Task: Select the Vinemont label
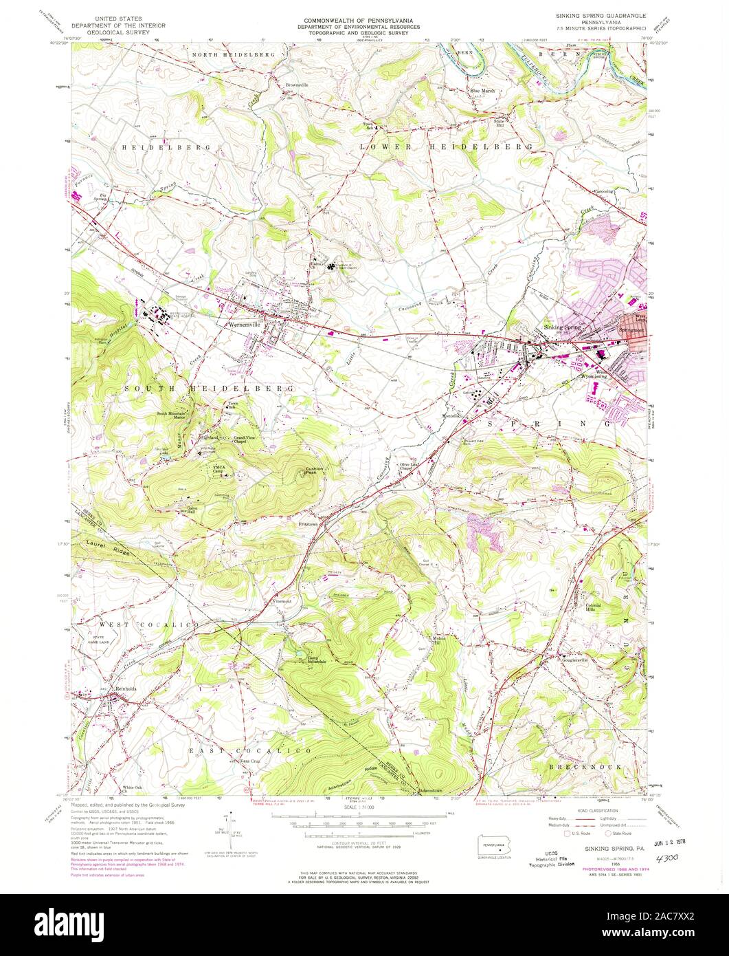tap(284, 601)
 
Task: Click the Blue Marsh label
tap(482, 90)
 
